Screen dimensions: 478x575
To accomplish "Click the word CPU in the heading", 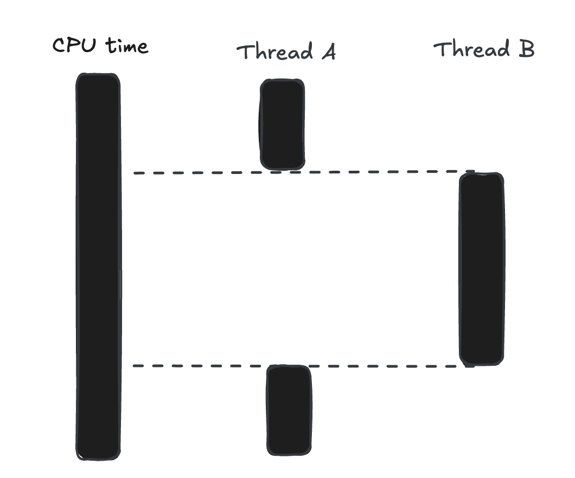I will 75,46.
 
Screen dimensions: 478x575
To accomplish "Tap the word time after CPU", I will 127,46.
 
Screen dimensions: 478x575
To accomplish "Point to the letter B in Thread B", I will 524,49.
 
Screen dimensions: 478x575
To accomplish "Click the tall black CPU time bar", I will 98,266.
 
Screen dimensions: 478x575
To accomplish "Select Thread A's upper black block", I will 282,125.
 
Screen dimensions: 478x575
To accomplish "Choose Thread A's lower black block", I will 289,410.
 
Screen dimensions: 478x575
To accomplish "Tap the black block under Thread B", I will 481,269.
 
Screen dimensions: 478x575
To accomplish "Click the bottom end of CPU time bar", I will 98,458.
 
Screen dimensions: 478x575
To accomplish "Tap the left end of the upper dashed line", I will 135,173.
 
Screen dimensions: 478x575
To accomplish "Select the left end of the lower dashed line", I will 135,366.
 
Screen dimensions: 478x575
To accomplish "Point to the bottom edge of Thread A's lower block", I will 289,454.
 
